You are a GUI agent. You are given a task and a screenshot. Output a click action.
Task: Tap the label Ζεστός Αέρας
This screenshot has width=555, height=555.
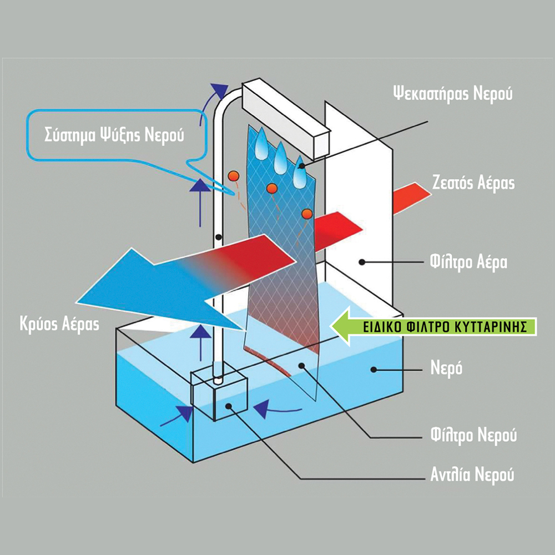click(x=473, y=183)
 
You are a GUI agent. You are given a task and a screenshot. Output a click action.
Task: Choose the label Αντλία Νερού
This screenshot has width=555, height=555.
click(x=473, y=475)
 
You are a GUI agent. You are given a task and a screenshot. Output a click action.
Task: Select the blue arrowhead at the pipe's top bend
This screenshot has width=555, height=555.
click(x=220, y=90)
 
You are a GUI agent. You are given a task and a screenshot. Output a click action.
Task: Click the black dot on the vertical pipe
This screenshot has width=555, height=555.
click(x=220, y=238)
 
